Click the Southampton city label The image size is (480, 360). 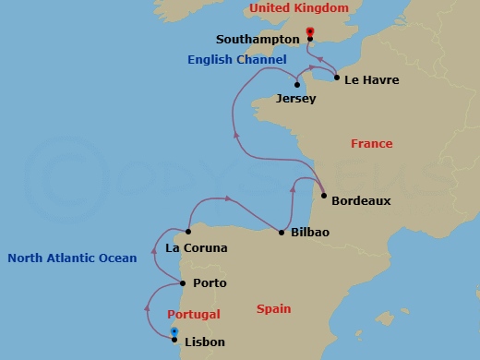click(258, 40)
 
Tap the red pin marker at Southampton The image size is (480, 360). click(309, 34)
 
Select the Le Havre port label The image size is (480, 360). click(371, 80)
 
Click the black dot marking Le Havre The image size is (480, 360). click(336, 78)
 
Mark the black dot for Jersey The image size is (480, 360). click(296, 85)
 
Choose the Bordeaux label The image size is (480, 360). click(361, 200)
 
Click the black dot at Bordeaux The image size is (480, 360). click(324, 196)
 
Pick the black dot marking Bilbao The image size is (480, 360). click(282, 232)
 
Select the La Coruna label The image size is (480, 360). click(196, 248)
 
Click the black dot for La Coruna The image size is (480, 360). click(188, 232)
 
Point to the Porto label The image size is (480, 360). click(210, 283)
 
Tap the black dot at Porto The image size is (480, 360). click(184, 283)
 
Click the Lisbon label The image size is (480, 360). click(205, 342)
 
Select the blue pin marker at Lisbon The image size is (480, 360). click(174, 333)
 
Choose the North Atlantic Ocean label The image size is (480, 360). click(72, 258)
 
